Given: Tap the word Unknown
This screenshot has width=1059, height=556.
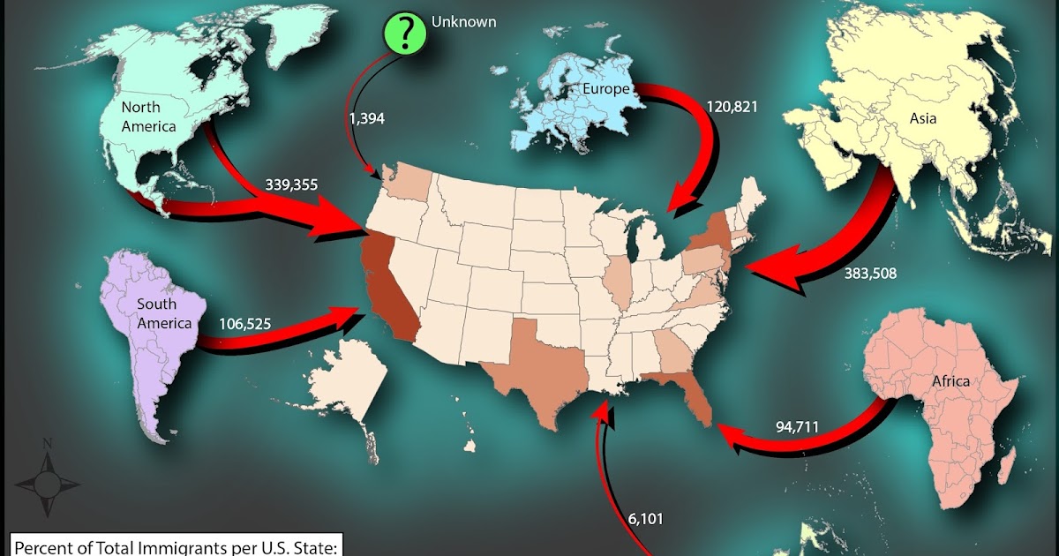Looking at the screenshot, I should pos(463,20).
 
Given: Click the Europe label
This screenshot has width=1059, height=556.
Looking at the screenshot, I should pos(605,89).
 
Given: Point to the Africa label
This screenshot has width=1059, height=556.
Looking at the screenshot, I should pos(950,381).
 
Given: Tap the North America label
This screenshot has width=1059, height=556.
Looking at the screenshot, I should pos(148,116).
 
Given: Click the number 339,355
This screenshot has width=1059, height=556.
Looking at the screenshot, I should pos(291,185).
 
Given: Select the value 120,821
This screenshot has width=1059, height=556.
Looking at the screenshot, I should pos(732,107).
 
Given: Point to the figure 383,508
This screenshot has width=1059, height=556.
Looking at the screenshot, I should pos(869,274).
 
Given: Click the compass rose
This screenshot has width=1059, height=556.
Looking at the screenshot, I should pos(48,480).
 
